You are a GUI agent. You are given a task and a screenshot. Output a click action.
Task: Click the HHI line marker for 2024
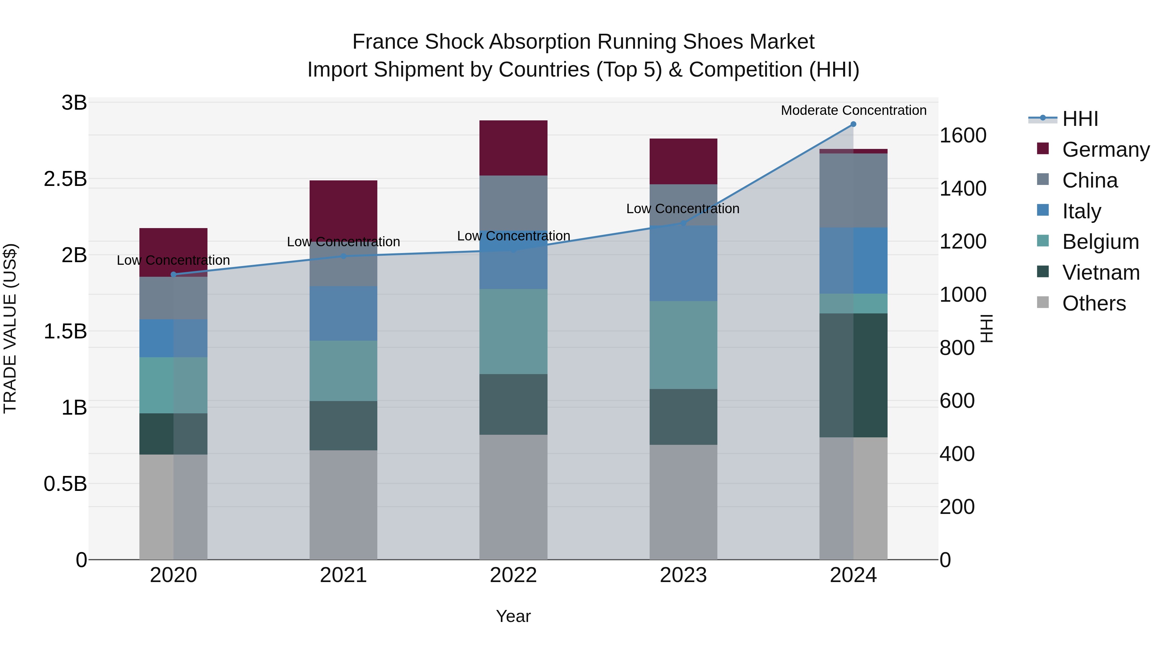click(853, 124)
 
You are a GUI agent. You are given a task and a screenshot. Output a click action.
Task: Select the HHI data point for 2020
click(173, 274)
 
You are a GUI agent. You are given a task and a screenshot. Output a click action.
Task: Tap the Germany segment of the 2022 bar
click(513, 148)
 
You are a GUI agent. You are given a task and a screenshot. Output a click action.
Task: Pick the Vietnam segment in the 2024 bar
click(853, 375)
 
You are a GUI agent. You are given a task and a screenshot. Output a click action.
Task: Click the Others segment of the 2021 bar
click(343, 504)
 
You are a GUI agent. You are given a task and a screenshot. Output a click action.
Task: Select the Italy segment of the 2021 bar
click(343, 313)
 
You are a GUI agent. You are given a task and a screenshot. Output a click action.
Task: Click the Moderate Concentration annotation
click(854, 110)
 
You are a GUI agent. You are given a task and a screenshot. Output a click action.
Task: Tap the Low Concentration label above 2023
click(683, 209)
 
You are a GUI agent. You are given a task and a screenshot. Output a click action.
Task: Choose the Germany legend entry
click(1105, 150)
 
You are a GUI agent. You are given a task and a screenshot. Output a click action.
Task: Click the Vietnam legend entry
click(1101, 273)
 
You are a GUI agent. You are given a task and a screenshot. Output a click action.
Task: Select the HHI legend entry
click(1080, 119)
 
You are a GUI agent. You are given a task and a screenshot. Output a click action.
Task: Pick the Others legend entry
click(1094, 303)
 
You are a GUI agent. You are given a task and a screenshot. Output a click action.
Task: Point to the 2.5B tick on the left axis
click(65, 179)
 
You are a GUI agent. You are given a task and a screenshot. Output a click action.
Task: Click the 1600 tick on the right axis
click(963, 136)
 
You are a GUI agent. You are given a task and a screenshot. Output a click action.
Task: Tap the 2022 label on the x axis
click(513, 575)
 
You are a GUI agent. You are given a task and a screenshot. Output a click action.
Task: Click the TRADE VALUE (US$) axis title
click(10, 328)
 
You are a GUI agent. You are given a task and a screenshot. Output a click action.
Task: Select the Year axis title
click(513, 616)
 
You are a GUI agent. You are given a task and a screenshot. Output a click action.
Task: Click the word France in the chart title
click(385, 42)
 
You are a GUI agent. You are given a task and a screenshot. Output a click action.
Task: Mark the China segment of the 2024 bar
click(853, 190)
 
